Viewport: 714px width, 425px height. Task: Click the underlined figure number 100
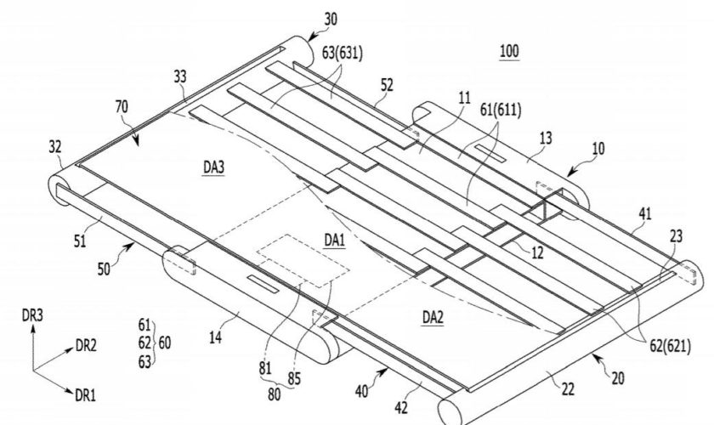pyautogui.click(x=509, y=51)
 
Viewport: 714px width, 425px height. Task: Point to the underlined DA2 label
pyautogui.click(x=433, y=318)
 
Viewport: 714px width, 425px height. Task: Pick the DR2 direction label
pyautogui.click(x=86, y=347)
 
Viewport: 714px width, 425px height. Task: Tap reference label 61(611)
pyautogui.click(x=501, y=110)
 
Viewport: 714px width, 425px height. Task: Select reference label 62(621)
pyautogui.click(x=666, y=345)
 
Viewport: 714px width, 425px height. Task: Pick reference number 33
pyautogui.click(x=179, y=76)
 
